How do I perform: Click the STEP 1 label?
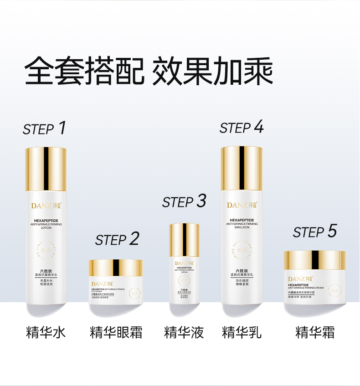(x=45, y=129)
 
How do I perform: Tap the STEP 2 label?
(x=117, y=239)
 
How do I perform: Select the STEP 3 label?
(x=184, y=201)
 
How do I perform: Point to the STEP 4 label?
(x=242, y=128)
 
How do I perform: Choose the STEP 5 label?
(x=314, y=232)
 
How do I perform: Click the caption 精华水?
(x=46, y=332)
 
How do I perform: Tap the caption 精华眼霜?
(x=116, y=332)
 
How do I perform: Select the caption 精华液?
(x=184, y=332)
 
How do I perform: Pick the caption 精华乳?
(x=242, y=332)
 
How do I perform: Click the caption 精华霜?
(x=314, y=332)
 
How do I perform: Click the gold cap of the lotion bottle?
(x=46, y=169)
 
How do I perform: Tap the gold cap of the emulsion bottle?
(x=242, y=168)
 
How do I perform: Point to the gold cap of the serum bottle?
(x=184, y=240)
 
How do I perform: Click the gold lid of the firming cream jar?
(x=314, y=260)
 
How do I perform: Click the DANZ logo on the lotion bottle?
(x=46, y=205)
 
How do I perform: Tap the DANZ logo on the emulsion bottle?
(x=242, y=205)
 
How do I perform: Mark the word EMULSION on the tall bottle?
(x=242, y=227)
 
